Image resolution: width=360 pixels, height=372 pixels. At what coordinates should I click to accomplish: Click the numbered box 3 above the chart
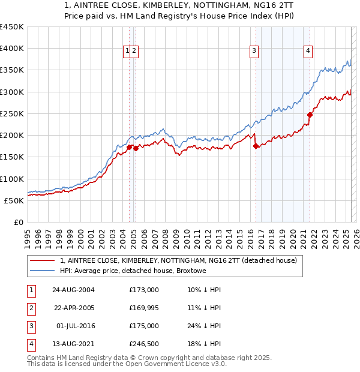point(254,52)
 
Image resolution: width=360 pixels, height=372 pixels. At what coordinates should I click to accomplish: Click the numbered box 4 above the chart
point(308,52)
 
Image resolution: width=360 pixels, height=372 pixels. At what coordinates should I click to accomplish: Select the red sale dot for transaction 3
point(256,146)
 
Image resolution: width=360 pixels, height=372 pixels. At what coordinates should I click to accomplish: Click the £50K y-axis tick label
point(14,200)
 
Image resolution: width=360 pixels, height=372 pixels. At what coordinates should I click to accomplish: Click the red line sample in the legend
point(41,260)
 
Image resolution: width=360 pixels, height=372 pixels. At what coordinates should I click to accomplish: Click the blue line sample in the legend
point(41,271)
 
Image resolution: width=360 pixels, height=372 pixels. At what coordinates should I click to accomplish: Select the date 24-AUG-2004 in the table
point(73,290)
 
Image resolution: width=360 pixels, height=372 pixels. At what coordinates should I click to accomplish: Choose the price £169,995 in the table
point(144,308)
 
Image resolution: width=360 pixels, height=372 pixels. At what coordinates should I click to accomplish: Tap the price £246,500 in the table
point(144,344)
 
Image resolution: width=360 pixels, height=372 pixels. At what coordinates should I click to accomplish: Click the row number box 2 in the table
point(30,308)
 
